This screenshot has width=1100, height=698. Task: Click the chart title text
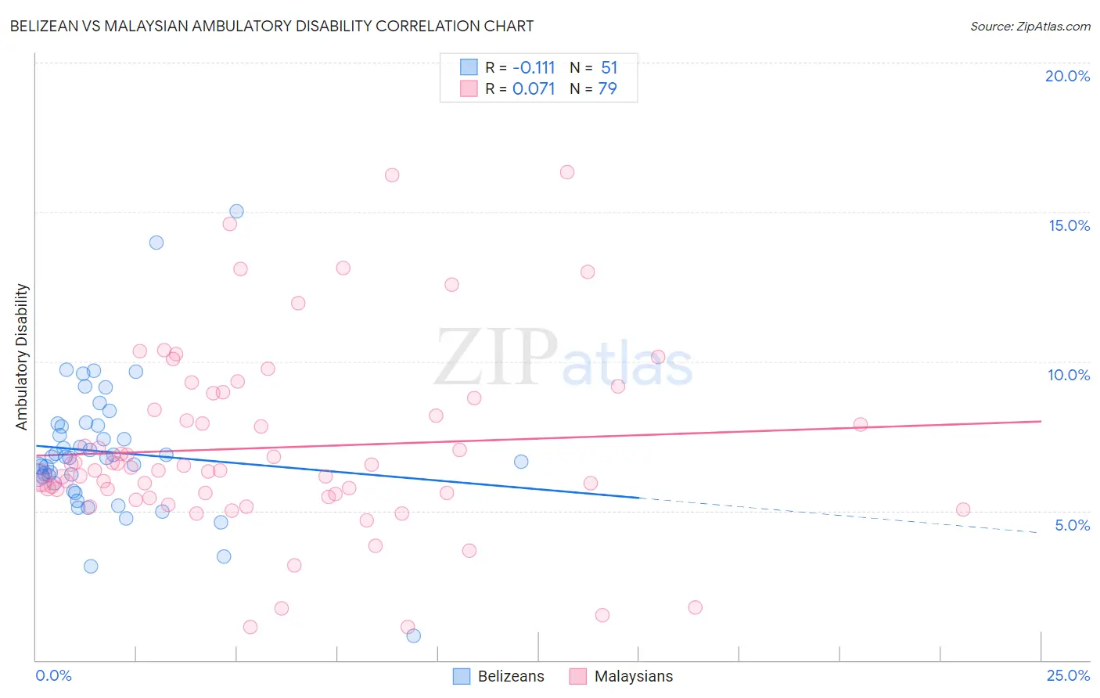pyautogui.click(x=271, y=26)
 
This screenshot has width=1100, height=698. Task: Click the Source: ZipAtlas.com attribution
pyautogui.click(x=1030, y=26)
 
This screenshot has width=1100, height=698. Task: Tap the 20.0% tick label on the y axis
pyautogui.click(x=1067, y=76)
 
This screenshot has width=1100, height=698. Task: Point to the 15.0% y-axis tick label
pyautogui.click(x=1069, y=225)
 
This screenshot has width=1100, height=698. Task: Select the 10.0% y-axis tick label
pyautogui.click(x=1069, y=375)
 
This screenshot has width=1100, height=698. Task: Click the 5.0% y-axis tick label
pyautogui.click(x=1072, y=525)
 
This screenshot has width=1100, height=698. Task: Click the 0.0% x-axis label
pyautogui.click(x=53, y=675)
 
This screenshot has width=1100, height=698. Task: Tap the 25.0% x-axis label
pyautogui.click(x=1068, y=675)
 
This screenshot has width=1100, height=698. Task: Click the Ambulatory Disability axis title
pyautogui.click(x=22, y=357)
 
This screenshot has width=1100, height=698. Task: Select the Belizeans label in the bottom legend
pyautogui.click(x=510, y=676)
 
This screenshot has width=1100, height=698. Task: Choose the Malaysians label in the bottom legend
pyautogui.click(x=633, y=676)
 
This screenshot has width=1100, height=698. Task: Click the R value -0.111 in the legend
pyautogui.click(x=534, y=68)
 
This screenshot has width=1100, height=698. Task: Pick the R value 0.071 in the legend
pyautogui.click(x=534, y=89)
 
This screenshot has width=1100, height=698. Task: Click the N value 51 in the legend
pyautogui.click(x=609, y=68)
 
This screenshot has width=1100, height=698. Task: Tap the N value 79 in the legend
pyautogui.click(x=607, y=89)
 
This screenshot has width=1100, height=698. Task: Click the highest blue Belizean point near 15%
pyautogui.click(x=236, y=211)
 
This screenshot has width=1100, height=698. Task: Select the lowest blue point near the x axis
pyautogui.click(x=413, y=635)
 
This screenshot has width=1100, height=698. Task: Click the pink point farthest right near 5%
pyautogui.click(x=963, y=509)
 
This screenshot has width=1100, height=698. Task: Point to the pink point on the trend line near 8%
pyautogui.click(x=860, y=424)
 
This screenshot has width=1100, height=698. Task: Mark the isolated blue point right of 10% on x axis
pyautogui.click(x=521, y=462)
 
